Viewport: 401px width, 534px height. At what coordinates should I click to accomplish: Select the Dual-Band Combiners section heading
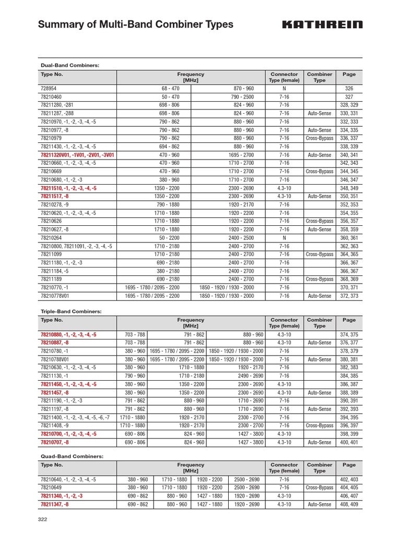click(x=70, y=65)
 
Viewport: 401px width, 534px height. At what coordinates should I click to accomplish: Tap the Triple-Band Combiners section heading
click(x=71, y=311)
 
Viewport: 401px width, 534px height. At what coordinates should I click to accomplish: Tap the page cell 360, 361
click(x=349, y=238)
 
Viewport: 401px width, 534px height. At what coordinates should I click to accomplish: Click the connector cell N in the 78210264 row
click(x=284, y=238)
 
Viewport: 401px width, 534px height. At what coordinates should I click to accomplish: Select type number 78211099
click(x=52, y=254)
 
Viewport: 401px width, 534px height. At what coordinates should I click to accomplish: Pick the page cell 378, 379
click(x=349, y=351)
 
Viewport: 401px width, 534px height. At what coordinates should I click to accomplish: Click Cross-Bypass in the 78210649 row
click(x=319, y=488)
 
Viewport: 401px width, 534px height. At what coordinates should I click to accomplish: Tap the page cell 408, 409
click(x=349, y=504)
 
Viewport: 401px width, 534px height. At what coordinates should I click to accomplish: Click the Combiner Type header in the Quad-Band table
click(x=319, y=468)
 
